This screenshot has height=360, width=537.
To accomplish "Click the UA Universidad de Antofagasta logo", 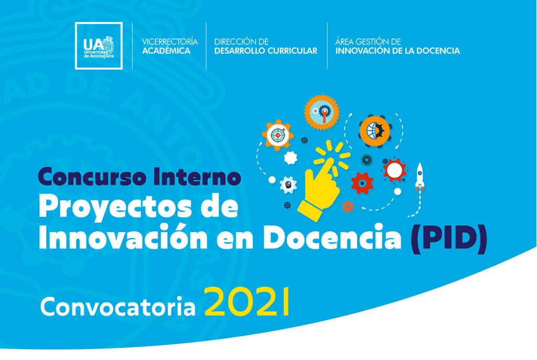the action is point(99,46).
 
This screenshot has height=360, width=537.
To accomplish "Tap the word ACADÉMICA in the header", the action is point(166,51).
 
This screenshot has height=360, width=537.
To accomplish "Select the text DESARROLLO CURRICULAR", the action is point(266,51).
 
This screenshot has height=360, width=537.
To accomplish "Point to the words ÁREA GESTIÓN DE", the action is point(368,41).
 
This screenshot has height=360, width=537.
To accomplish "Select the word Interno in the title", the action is point(197,176).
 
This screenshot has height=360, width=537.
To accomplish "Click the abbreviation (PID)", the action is point(449,238).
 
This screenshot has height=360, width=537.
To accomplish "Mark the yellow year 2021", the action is point(247,302).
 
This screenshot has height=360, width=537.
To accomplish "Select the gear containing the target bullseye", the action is point(278,135).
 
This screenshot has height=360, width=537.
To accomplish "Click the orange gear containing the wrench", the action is point(321,112).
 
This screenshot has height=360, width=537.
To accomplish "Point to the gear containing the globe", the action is point(375,131).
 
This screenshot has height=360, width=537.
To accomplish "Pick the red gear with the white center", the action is point(394,170).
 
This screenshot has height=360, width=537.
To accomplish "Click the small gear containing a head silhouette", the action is point(288,185).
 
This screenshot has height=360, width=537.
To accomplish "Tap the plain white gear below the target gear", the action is point(291,158).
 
